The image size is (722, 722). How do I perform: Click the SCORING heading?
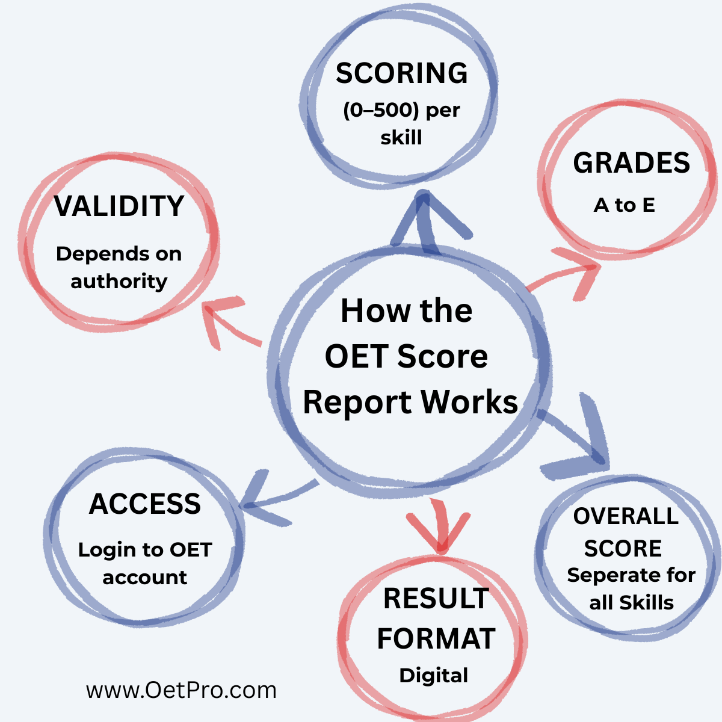[x=401, y=73]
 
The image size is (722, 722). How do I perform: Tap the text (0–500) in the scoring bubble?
[x=381, y=111]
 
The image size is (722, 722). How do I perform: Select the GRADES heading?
[x=631, y=163]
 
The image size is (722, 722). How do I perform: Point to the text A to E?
[x=624, y=205]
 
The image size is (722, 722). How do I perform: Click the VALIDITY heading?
[x=119, y=206]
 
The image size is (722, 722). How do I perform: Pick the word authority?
[x=119, y=282]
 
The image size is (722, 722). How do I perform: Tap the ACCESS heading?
[x=144, y=504]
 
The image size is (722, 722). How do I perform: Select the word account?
[x=144, y=578]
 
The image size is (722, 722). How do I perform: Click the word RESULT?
[x=436, y=598]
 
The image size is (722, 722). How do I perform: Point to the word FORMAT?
[x=436, y=638]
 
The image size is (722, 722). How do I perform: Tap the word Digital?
[x=433, y=676]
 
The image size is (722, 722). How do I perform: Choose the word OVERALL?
[x=626, y=516]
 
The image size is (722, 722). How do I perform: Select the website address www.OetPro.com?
[x=181, y=690]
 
